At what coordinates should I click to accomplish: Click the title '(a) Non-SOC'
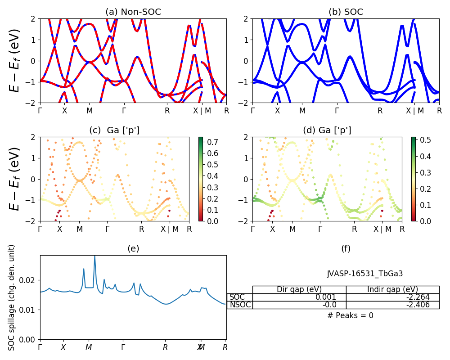pos(133,12)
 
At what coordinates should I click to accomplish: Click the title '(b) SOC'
pos(346,12)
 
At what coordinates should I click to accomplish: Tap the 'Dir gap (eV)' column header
pos(299,289)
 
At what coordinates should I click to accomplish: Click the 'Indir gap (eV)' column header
pos(392,289)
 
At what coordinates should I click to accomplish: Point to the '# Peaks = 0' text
pos(350,315)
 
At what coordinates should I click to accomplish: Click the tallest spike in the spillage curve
pos(94,256)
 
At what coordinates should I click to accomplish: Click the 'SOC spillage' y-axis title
pos(12,297)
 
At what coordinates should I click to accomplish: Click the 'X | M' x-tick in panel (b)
pos(414,110)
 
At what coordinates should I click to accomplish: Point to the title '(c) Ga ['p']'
pos(114,130)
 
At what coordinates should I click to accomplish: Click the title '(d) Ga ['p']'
pos(327,130)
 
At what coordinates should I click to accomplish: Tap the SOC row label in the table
pos(237,297)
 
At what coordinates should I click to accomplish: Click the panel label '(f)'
pos(346,248)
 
